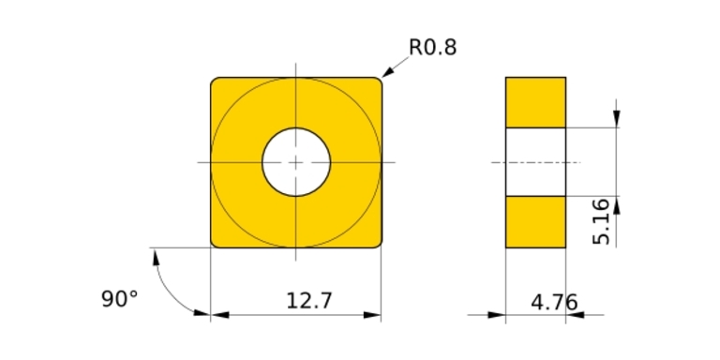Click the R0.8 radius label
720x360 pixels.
pos(432,47)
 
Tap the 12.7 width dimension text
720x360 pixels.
pos(308,301)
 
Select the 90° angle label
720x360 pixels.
pos(119,299)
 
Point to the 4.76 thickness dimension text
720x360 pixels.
pos(554,303)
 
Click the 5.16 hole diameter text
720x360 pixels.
pos(602,222)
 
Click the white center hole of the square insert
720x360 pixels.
pos(296,162)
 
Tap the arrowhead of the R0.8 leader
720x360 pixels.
pos(387,72)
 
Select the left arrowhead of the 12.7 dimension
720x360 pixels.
pos(219,315)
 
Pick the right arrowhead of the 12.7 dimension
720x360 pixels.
pos(372,315)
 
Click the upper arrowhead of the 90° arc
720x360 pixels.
pos(156,257)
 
